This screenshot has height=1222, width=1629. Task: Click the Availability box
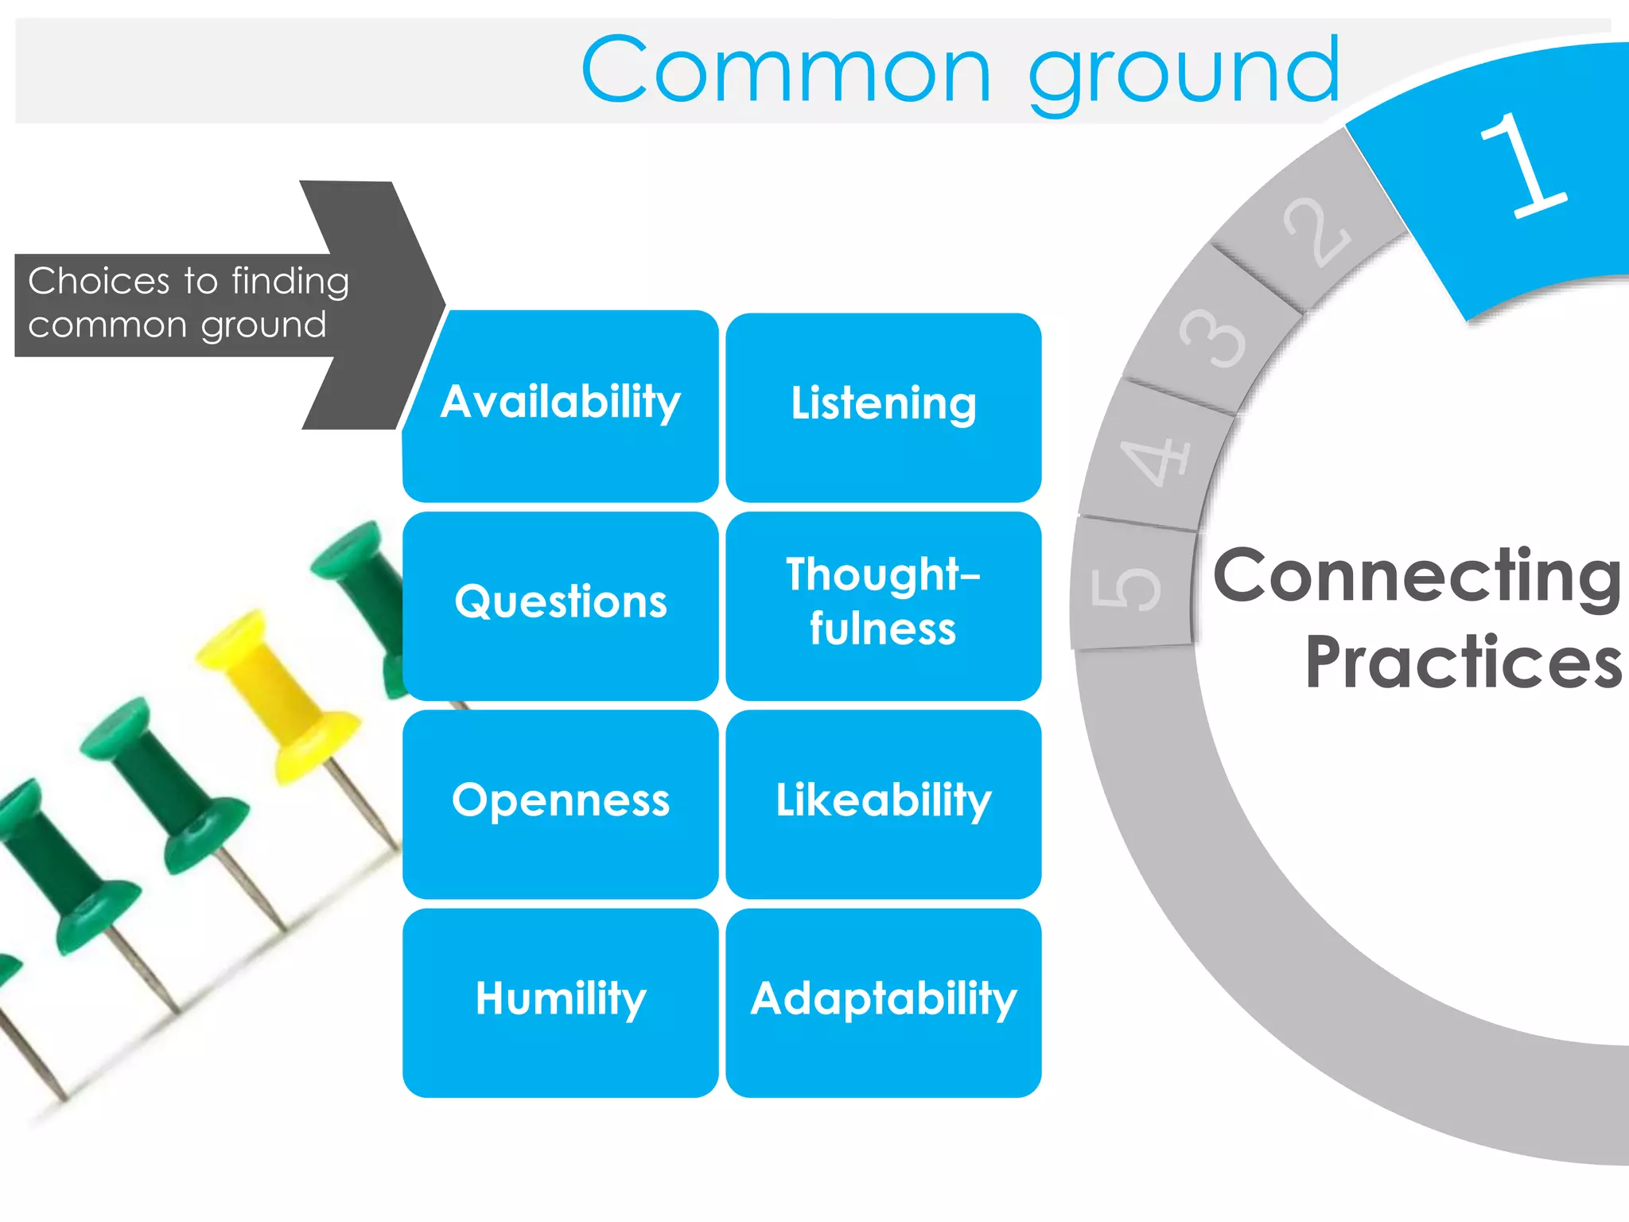coord(561,406)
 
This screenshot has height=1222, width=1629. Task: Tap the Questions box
coord(561,605)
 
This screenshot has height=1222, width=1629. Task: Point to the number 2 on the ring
coord(1316,232)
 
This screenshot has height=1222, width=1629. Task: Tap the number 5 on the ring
coord(1126,589)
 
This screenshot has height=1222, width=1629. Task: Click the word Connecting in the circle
coord(1416,577)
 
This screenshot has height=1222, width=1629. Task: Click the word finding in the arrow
coord(290,282)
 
